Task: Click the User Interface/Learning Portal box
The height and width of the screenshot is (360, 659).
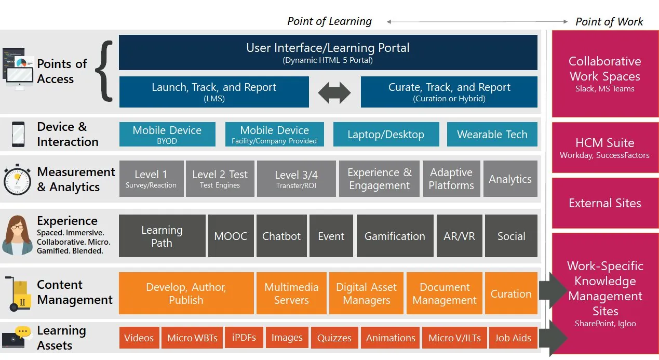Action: (x=328, y=52)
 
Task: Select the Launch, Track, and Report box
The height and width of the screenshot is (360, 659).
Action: (x=214, y=92)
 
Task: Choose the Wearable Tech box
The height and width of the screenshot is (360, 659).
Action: (x=492, y=135)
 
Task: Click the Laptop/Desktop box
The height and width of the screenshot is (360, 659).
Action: (x=386, y=135)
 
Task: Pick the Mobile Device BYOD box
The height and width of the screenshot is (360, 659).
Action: (x=167, y=135)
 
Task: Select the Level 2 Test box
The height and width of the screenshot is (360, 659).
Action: (x=220, y=179)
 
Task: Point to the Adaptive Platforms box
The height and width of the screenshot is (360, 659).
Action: (x=451, y=179)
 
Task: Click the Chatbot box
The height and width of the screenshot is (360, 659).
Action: (x=281, y=236)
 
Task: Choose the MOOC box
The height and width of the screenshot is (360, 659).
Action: (x=231, y=236)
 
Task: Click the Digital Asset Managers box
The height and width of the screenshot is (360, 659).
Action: (x=366, y=294)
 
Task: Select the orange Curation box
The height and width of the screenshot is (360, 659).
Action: (x=511, y=294)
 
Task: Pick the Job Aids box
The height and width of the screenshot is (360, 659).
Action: (x=513, y=338)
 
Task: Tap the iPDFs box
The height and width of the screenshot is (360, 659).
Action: (x=244, y=338)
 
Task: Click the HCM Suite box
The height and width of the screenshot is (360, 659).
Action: (x=604, y=148)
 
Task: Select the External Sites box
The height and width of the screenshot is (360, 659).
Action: (x=604, y=203)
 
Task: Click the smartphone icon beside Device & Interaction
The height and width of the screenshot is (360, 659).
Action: (x=19, y=135)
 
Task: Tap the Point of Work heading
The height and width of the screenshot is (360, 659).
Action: (x=609, y=21)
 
